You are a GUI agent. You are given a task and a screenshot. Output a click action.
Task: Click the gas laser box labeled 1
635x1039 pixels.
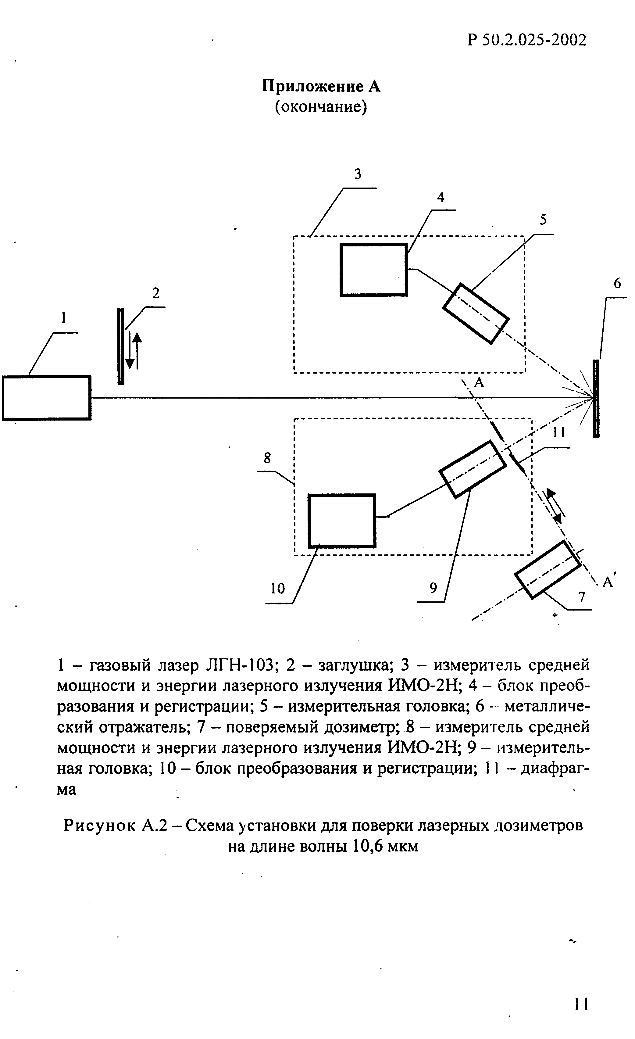tap(46, 398)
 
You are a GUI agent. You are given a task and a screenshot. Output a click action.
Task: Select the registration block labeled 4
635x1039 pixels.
tap(373, 270)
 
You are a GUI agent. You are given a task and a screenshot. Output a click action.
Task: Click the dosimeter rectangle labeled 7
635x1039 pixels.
tap(547, 569)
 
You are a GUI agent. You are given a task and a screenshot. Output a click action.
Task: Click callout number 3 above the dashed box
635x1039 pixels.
tap(358, 174)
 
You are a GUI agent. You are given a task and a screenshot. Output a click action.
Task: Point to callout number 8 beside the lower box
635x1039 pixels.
tap(267, 458)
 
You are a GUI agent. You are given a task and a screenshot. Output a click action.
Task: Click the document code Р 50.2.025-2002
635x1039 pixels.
tap(527, 40)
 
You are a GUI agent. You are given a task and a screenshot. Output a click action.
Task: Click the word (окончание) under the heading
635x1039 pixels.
tap(321, 107)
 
